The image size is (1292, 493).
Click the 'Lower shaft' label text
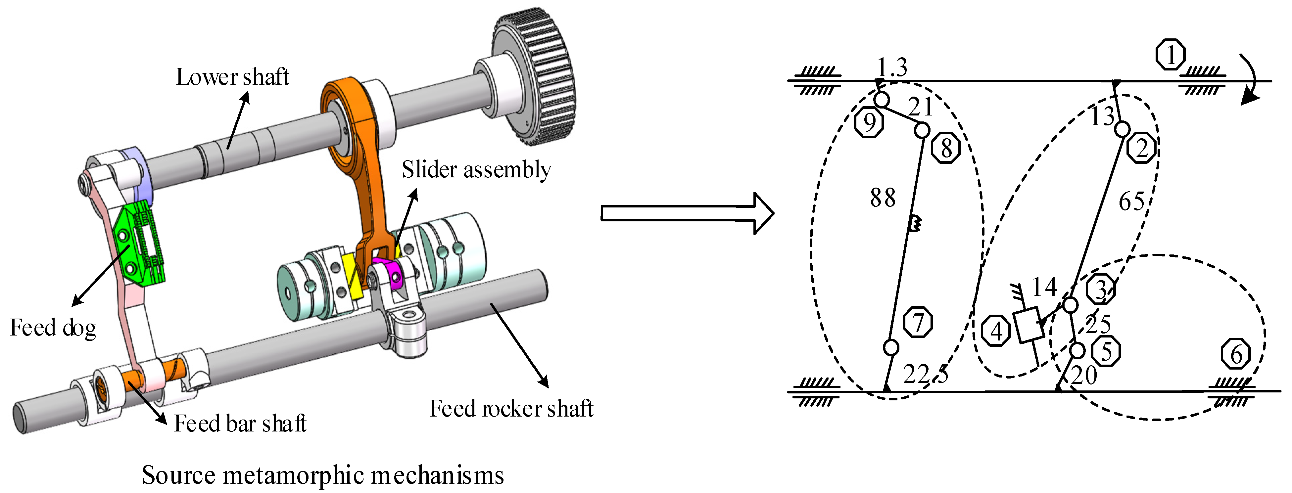click(232, 77)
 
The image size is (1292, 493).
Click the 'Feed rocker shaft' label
click(511, 409)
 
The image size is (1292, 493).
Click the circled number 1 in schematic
click(1170, 55)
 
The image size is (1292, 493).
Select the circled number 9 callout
click(869, 122)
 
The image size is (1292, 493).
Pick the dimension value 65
click(1131, 202)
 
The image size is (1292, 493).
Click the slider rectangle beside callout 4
click(1028, 325)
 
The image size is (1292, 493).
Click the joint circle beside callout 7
click(891, 347)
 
